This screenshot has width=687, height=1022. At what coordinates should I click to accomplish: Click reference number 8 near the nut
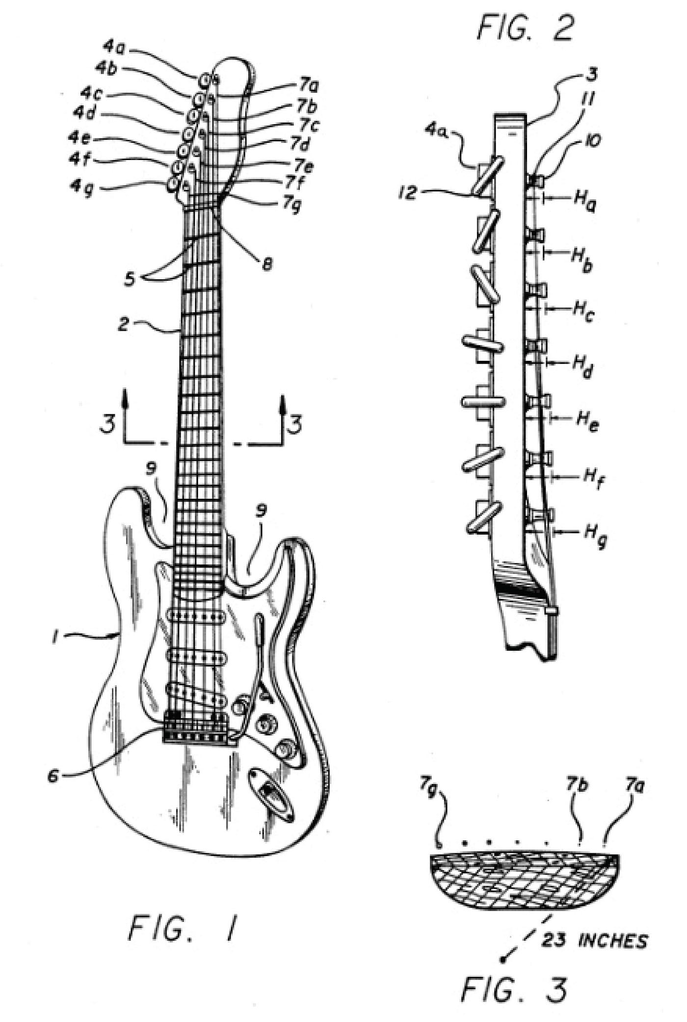[x=267, y=265]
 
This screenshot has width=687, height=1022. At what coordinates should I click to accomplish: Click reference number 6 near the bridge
[x=54, y=776]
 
